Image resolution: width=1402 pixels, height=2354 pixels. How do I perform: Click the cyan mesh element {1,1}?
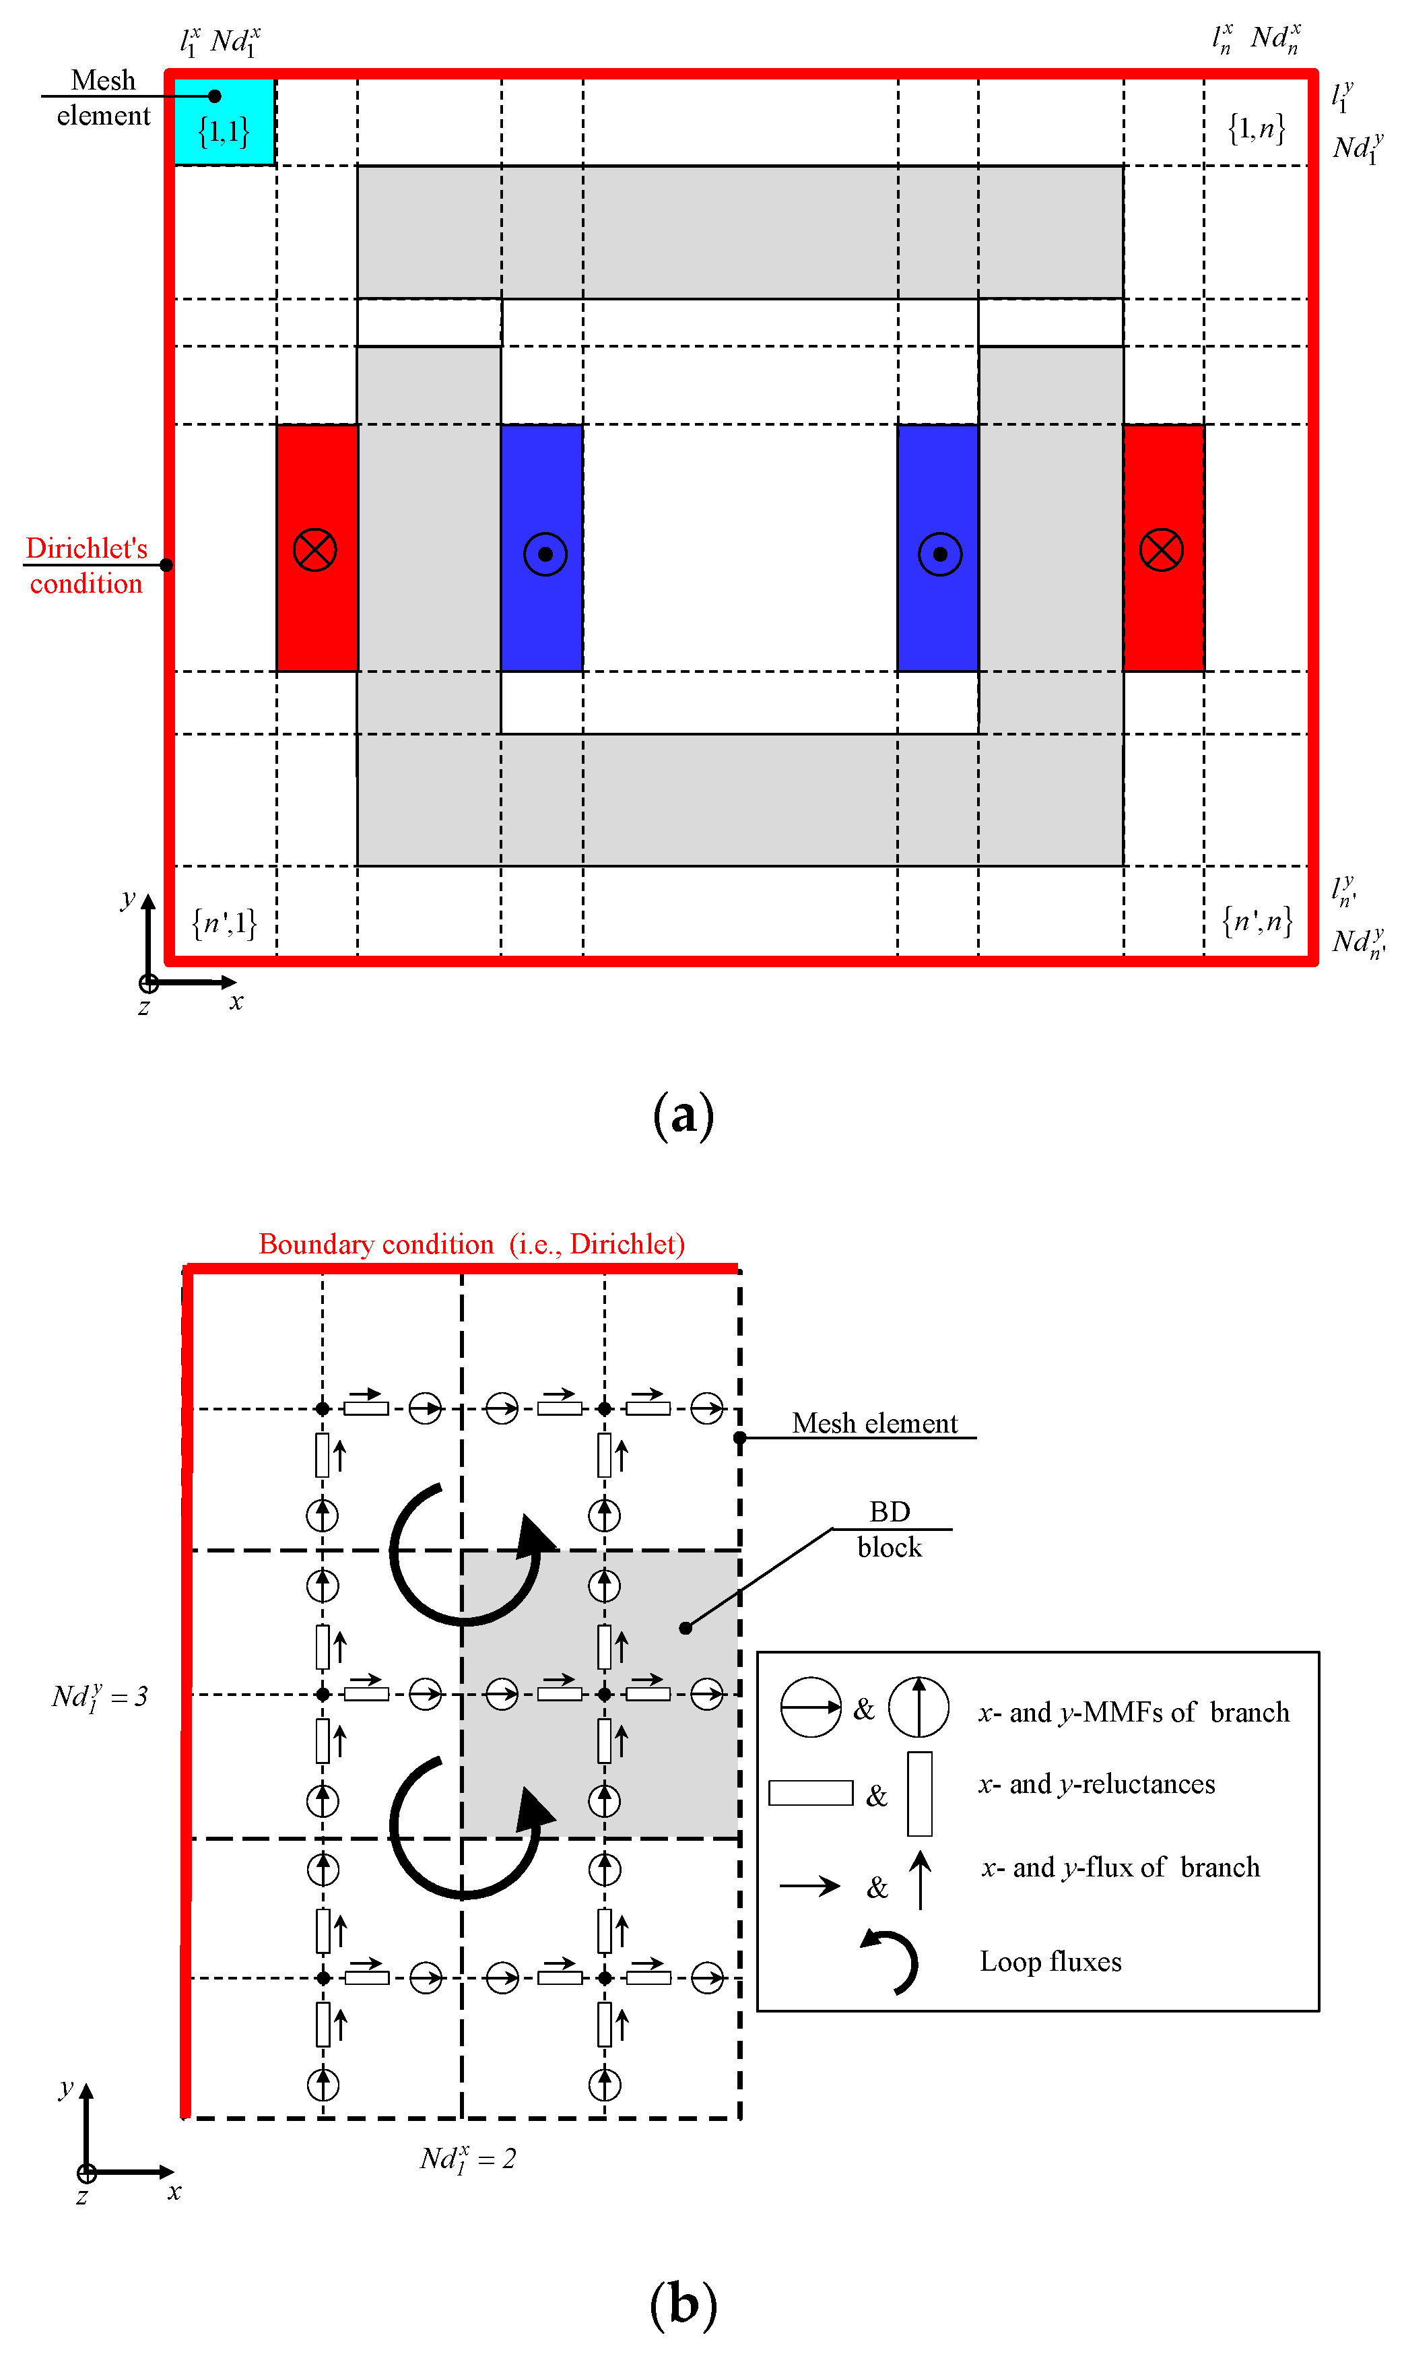[x=224, y=122]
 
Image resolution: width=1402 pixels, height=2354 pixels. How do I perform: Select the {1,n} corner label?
[x=1256, y=127]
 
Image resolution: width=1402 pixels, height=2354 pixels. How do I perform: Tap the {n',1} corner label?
[x=224, y=922]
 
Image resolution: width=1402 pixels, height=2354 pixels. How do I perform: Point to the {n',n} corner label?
[x=1257, y=921]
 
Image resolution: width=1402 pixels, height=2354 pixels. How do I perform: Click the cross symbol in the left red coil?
[x=314, y=550]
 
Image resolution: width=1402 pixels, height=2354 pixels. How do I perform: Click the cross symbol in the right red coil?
[x=1161, y=550]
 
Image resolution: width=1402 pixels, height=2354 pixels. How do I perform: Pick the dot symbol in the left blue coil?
[x=545, y=554]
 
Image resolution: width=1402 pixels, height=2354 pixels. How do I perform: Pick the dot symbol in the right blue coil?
[x=940, y=554]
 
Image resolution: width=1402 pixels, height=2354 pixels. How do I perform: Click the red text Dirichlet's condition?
[x=86, y=566]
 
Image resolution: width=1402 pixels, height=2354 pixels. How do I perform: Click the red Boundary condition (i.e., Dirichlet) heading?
[x=471, y=1243]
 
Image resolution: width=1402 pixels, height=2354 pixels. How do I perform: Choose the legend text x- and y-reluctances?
[x=1096, y=1784]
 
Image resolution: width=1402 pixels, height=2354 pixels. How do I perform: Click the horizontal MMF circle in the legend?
[x=811, y=1707]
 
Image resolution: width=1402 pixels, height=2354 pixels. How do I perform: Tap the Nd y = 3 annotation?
[x=99, y=1696]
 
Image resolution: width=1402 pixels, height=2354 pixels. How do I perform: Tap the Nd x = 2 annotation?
[x=467, y=2159]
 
